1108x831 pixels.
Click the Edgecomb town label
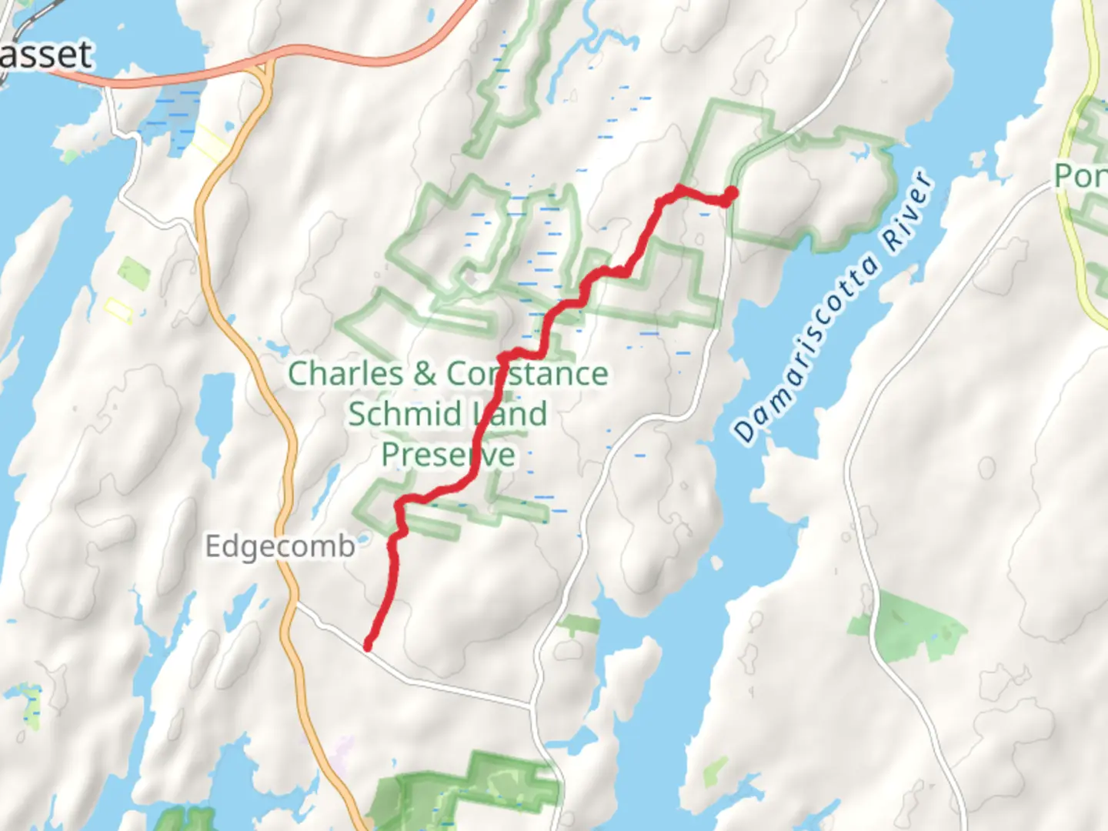pyautogui.click(x=280, y=546)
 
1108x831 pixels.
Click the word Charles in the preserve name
pyautogui.click(x=345, y=374)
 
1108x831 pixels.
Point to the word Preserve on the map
pyautogui.click(x=448, y=454)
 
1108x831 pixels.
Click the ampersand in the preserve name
pyautogui.click(x=425, y=374)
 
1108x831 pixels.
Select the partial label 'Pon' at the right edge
pyautogui.click(x=1080, y=176)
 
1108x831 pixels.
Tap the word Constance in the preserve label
pyautogui.click(x=528, y=374)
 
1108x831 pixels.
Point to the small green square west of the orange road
pyautogui.click(x=134, y=272)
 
